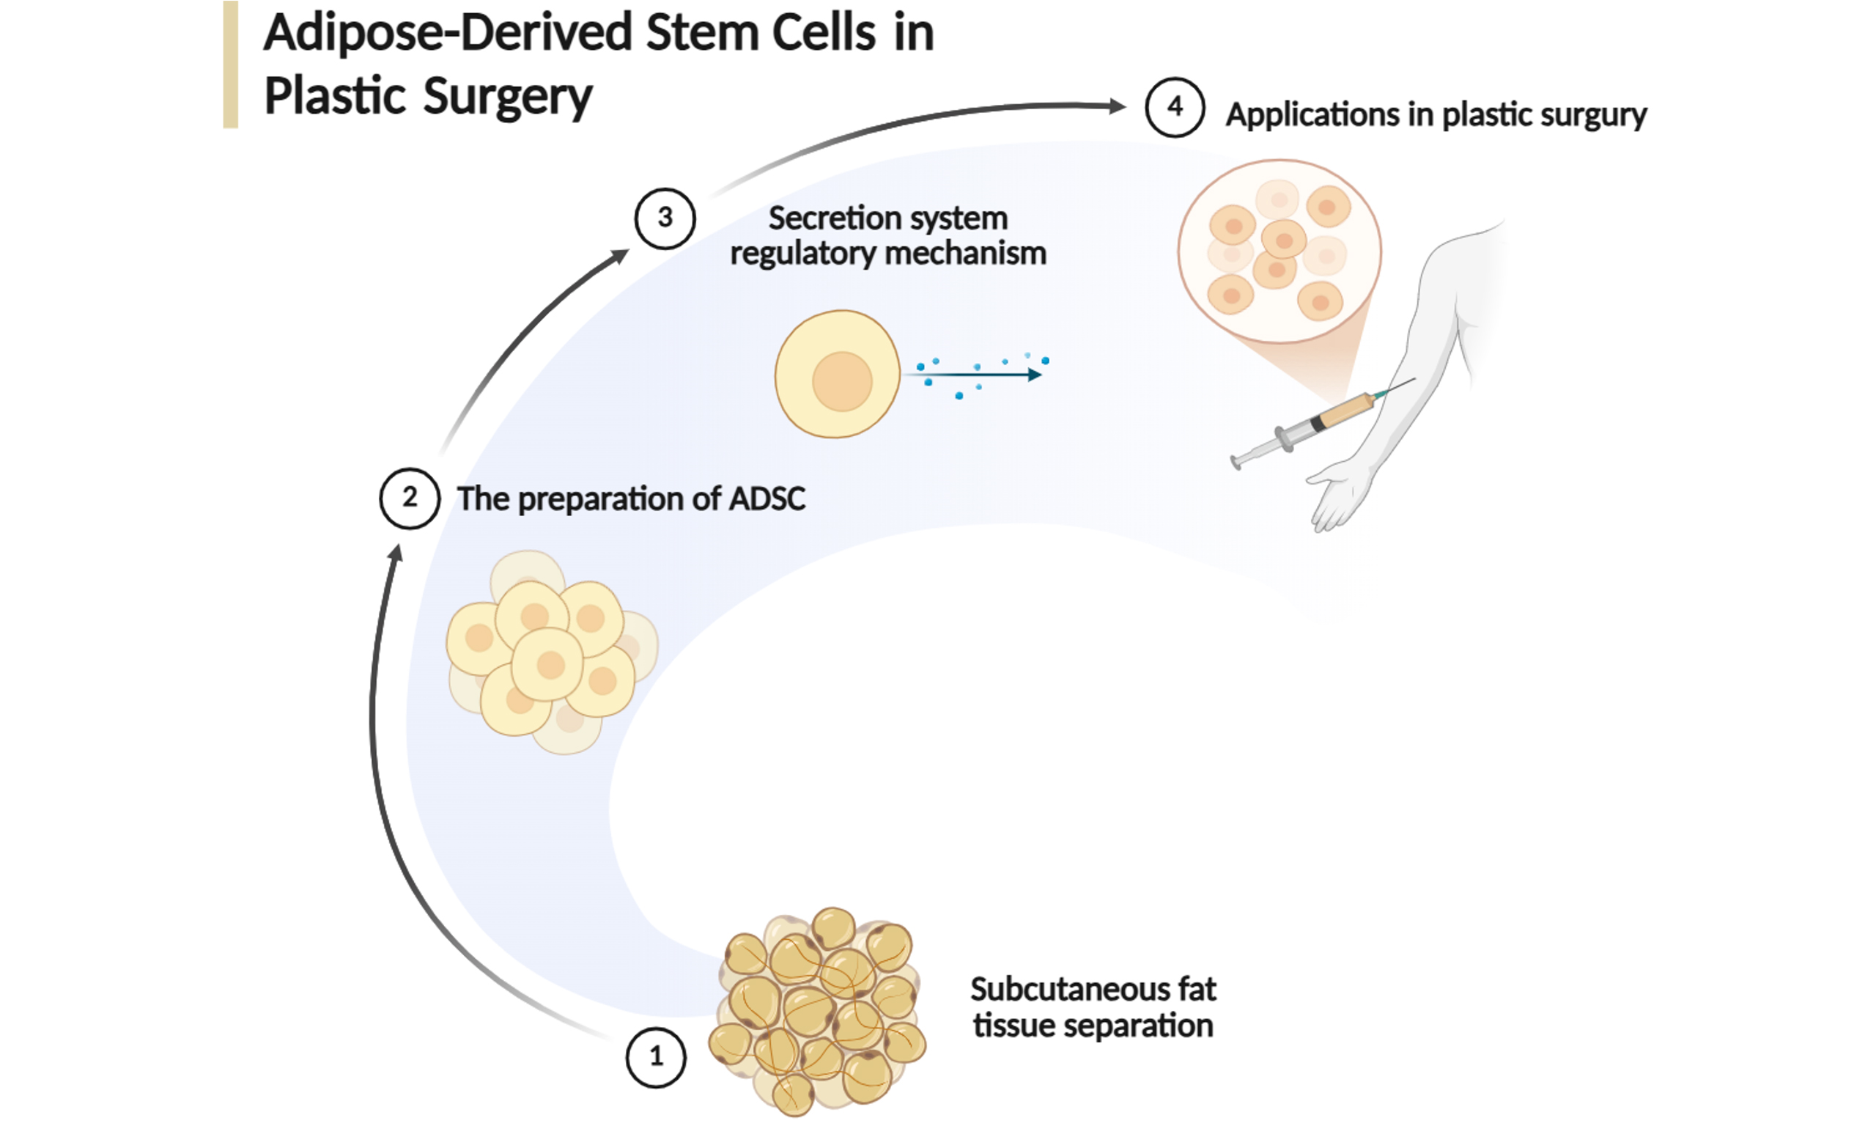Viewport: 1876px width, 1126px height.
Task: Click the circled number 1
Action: click(x=656, y=1057)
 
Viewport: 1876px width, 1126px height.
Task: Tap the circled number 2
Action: click(x=410, y=498)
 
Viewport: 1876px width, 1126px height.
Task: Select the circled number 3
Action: click(x=665, y=218)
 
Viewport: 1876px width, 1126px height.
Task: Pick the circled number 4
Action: click(x=1175, y=107)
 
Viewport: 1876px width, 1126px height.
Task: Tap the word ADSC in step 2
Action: click(x=767, y=498)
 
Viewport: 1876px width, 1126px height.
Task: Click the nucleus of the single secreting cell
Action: click(x=842, y=381)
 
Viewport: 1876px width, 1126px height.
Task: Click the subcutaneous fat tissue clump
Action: click(x=817, y=1011)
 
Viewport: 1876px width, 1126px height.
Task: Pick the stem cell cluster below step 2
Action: click(x=552, y=652)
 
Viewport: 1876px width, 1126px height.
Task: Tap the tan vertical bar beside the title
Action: click(x=231, y=65)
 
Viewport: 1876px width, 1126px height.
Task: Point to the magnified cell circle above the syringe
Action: click(x=1279, y=251)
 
